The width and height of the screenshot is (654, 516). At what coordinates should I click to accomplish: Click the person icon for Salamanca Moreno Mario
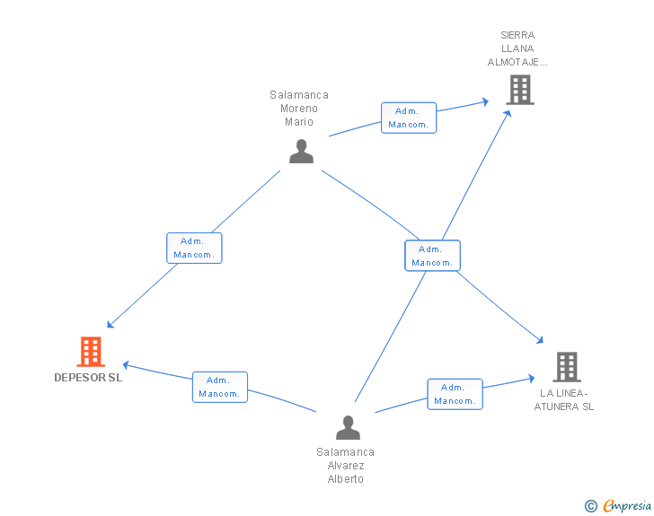301,152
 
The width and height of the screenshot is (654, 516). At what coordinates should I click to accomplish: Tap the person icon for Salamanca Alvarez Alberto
348,428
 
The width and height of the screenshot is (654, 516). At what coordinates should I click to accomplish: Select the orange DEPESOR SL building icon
91,352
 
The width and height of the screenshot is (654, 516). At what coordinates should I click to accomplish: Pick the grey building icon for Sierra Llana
519,90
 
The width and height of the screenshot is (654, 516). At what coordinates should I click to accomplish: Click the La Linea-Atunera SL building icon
566,366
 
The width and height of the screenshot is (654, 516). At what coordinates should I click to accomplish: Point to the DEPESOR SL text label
88,378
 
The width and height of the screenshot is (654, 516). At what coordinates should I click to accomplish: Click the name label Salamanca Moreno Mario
299,109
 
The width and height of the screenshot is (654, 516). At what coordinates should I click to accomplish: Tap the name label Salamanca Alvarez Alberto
346,466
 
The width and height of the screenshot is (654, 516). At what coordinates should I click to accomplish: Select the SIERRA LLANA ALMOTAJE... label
517,48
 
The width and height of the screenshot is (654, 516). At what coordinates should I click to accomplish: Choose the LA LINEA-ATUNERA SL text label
564,399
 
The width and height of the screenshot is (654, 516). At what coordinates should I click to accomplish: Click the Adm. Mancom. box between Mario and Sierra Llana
409,118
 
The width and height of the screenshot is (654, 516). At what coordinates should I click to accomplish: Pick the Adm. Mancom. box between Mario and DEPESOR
194,248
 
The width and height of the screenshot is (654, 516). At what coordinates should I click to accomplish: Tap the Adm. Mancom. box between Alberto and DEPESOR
219,387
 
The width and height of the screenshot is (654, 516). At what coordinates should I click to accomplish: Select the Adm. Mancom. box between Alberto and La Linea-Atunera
455,394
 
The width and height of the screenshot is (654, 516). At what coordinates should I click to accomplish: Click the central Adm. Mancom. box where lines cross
432,256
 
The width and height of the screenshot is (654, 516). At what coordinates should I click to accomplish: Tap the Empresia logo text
627,505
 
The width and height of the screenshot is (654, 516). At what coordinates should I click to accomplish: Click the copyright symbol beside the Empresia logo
591,506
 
